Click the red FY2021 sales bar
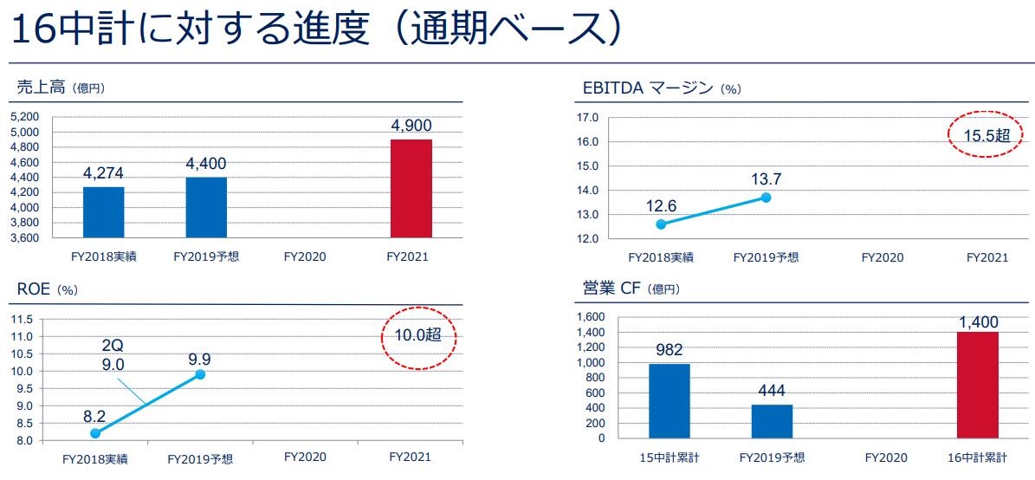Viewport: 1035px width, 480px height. tap(411, 188)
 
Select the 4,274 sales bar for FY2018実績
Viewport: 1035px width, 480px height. tap(103, 212)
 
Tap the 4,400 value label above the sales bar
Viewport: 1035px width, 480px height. tap(205, 163)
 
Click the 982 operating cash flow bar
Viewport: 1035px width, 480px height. tap(670, 400)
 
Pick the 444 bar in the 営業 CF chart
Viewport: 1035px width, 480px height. tap(772, 421)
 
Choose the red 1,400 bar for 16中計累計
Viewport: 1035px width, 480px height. tap(978, 385)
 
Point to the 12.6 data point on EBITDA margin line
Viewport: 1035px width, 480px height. tap(662, 224)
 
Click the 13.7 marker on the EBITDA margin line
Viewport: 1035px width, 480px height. tap(766, 198)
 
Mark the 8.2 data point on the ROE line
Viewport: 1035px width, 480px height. tap(95, 433)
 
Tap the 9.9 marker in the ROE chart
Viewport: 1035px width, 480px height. tap(200, 374)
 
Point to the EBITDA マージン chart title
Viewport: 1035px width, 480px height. tap(648, 88)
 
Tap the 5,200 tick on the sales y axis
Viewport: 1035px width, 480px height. tap(26, 117)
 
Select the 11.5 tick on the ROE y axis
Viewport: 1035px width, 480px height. tap(23, 319)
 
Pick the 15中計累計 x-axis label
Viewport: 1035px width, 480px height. tap(669, 457)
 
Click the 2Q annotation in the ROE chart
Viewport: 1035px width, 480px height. tap(111, 345)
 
